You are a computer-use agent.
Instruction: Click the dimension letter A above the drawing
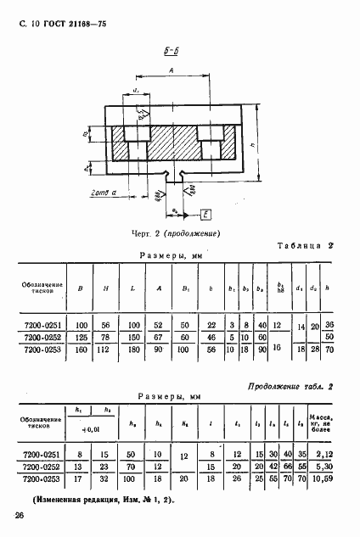tap(172, 73)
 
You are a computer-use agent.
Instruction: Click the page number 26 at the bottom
tap(19, 514)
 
